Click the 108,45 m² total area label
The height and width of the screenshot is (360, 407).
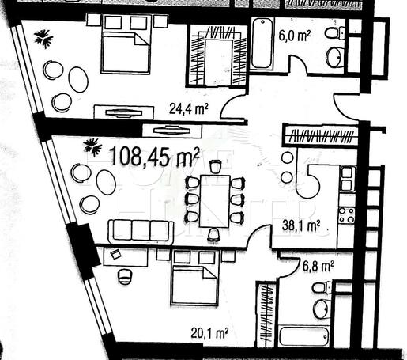[154, 157]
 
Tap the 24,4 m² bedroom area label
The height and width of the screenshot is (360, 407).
[189, 108]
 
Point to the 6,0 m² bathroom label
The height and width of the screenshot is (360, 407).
[295, 36]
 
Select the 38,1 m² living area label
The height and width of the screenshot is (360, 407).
[301, 225]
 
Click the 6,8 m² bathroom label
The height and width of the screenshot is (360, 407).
[318, 267]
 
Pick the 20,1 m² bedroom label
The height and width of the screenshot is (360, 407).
[209, 334]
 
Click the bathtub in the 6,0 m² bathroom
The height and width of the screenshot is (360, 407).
[262, 43]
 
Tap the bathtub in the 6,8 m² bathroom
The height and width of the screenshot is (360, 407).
[304, 337]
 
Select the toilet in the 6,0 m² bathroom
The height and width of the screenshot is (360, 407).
[335, 32]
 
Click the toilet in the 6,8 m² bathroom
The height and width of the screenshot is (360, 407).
[322, 288]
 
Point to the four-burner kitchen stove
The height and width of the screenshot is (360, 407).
[346, 215]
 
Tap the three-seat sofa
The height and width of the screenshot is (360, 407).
[141, 231]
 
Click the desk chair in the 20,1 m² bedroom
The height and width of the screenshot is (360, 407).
[124, 276]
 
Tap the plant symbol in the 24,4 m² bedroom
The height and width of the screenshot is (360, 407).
[43, 39]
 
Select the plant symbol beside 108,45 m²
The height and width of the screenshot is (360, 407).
[92, 146]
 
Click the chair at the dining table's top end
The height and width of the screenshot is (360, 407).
[216, 166]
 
